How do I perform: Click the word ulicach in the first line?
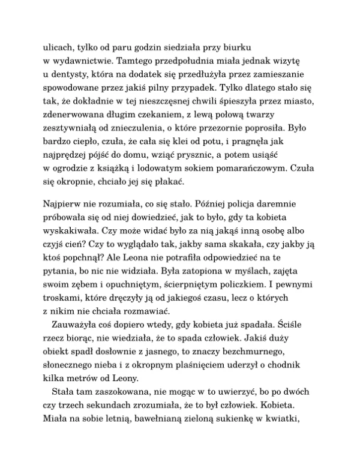[59, 46]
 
